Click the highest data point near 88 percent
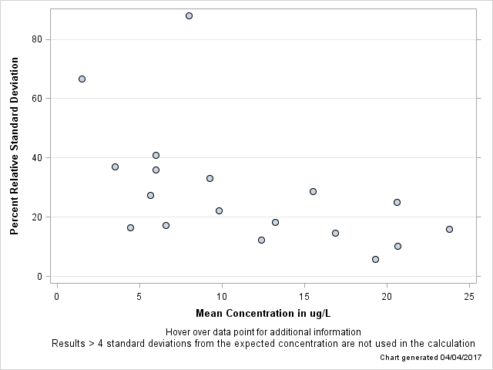click(189, 15)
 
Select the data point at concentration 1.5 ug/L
click(82, 79)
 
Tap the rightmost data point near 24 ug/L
click(449, 229)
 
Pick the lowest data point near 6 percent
click(375, 259)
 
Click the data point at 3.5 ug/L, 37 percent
click(115, 166)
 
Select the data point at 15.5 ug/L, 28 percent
click(313, 191)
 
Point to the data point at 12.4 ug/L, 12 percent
click(261, 240)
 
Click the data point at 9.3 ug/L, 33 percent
click(210, 178)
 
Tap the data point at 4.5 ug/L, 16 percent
click(130, 227)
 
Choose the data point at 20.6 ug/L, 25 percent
click(397, 202)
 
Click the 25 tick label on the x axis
click(469, 297)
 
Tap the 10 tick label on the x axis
click(222, 297)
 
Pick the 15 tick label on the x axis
click(304, 297)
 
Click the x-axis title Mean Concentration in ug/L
click(263, 313)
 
